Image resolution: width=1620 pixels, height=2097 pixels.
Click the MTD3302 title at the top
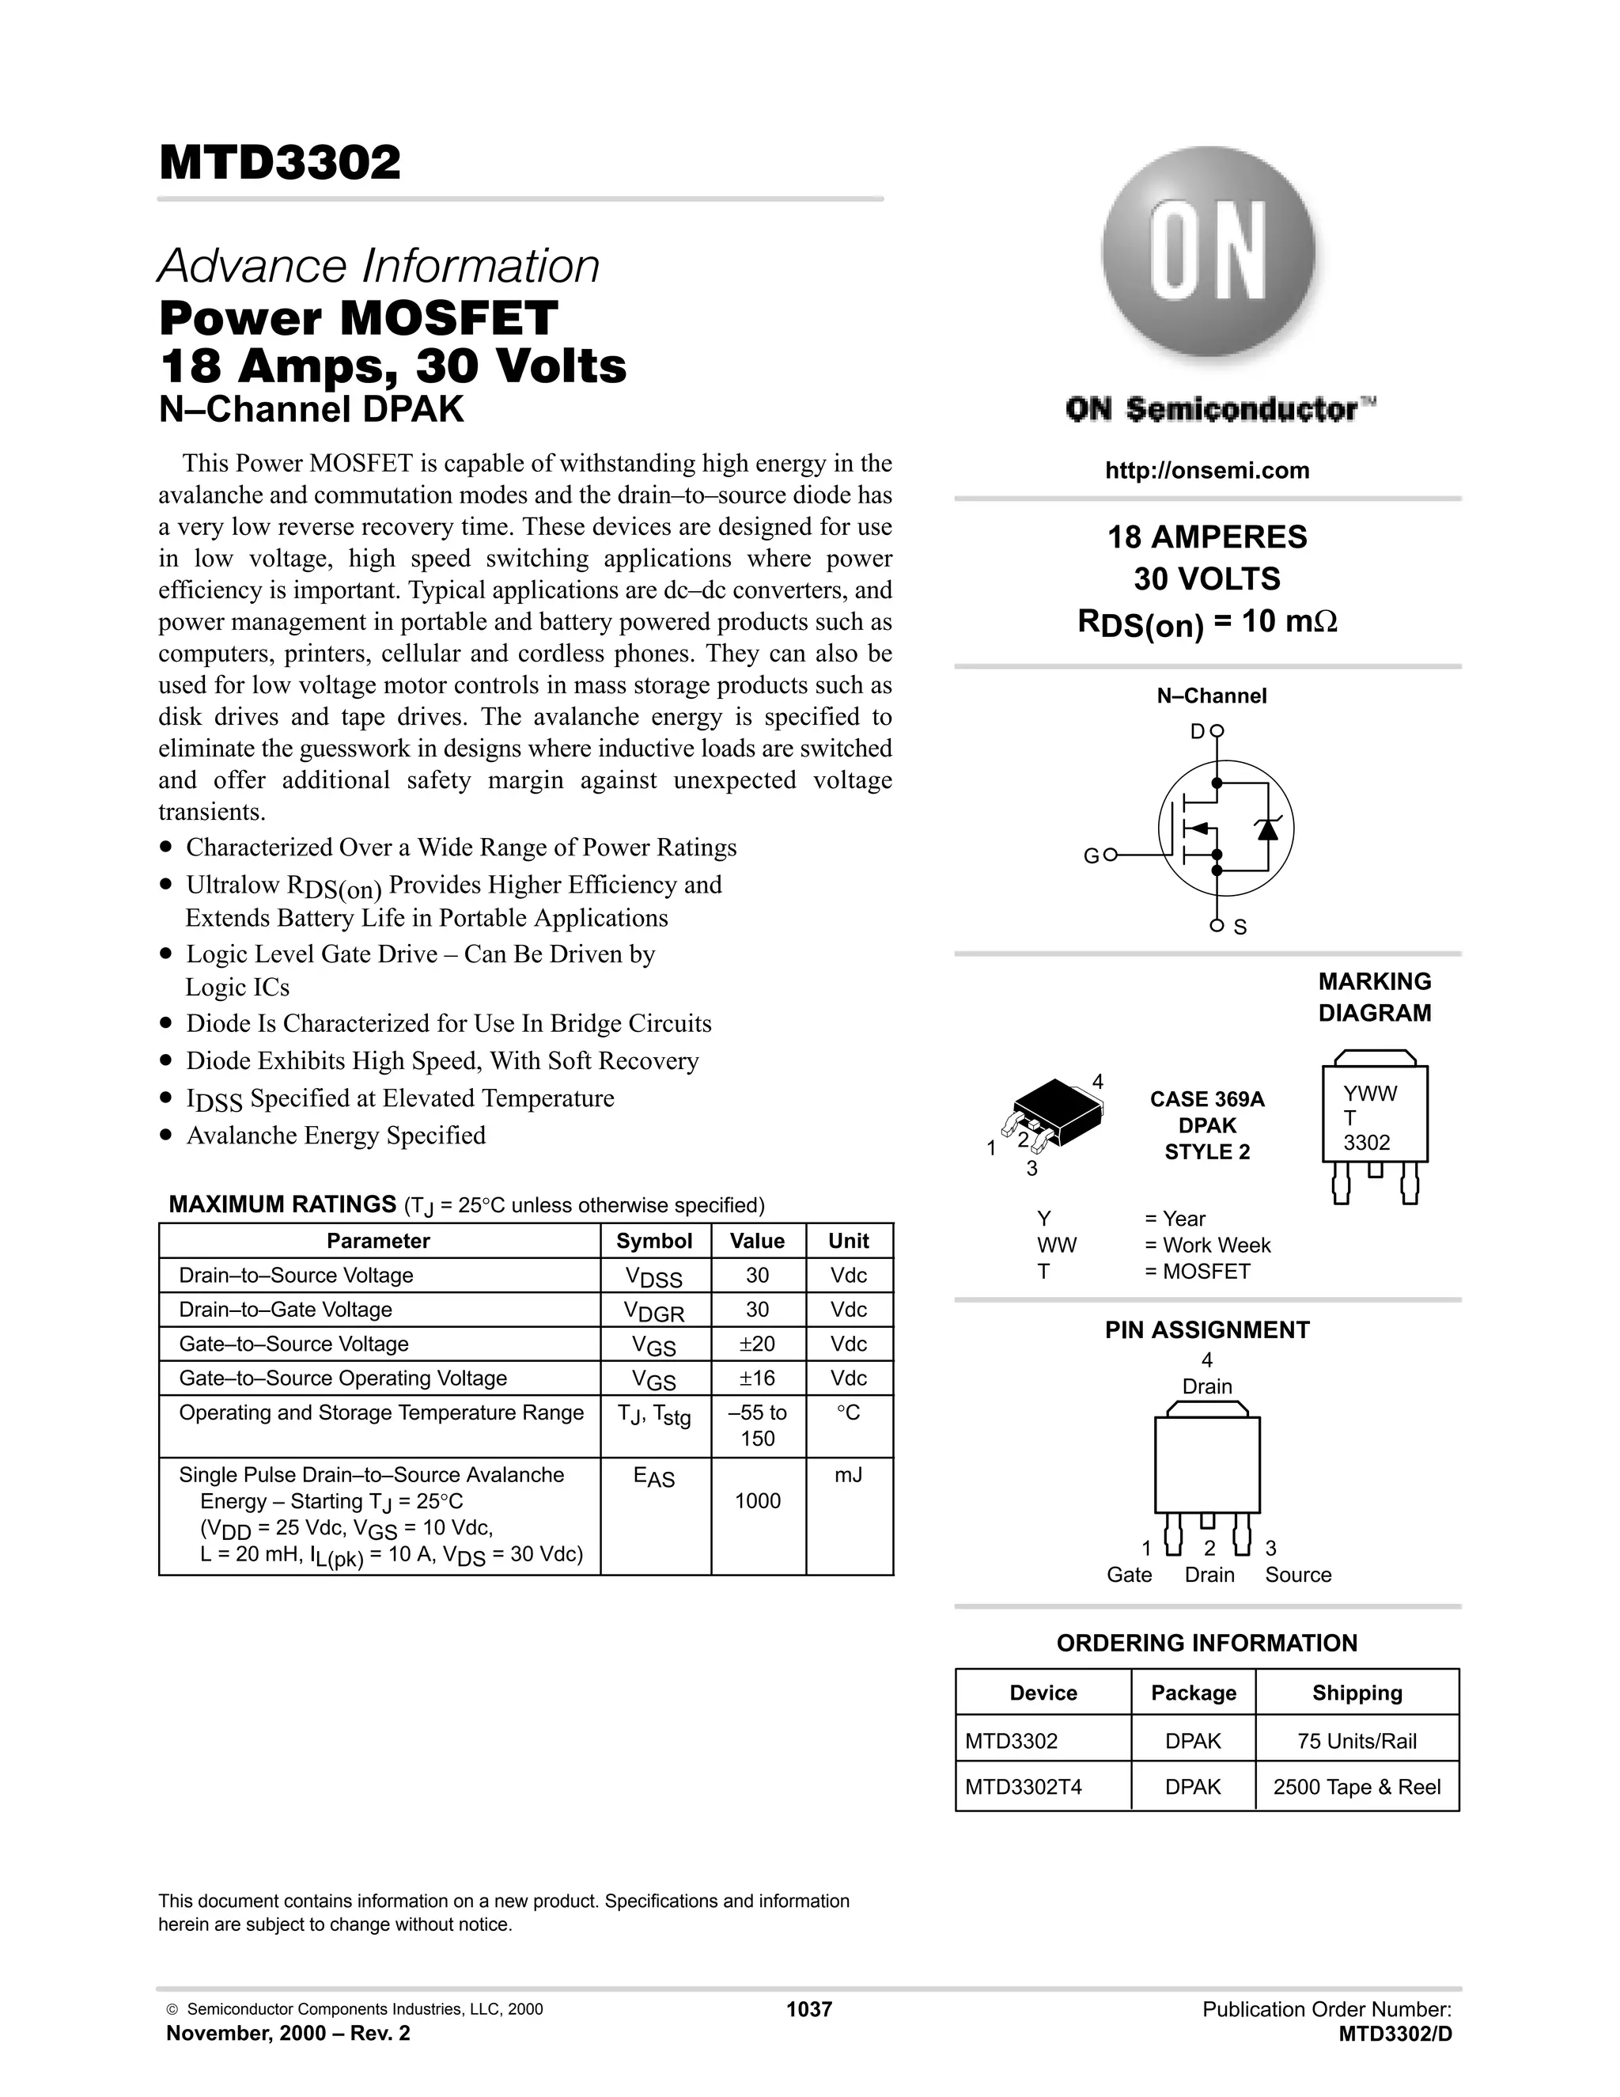279,162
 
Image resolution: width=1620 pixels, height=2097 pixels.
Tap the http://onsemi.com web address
1206,471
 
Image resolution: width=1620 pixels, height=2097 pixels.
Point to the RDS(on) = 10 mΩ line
1206,622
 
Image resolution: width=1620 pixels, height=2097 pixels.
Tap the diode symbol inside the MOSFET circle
1268,828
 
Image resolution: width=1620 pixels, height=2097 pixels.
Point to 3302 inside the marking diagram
1367,1143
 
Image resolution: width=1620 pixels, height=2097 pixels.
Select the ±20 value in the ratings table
757,1344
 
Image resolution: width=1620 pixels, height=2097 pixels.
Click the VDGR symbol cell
654,1310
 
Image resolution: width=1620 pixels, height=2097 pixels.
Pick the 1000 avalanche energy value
757,1500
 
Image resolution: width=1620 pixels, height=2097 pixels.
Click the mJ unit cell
849,1475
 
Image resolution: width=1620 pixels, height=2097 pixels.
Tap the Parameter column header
378,1241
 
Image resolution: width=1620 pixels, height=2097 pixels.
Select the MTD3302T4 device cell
1011,1787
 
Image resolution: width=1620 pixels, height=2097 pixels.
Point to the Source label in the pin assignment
1297,1575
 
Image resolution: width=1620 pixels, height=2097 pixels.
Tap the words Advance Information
378,266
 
